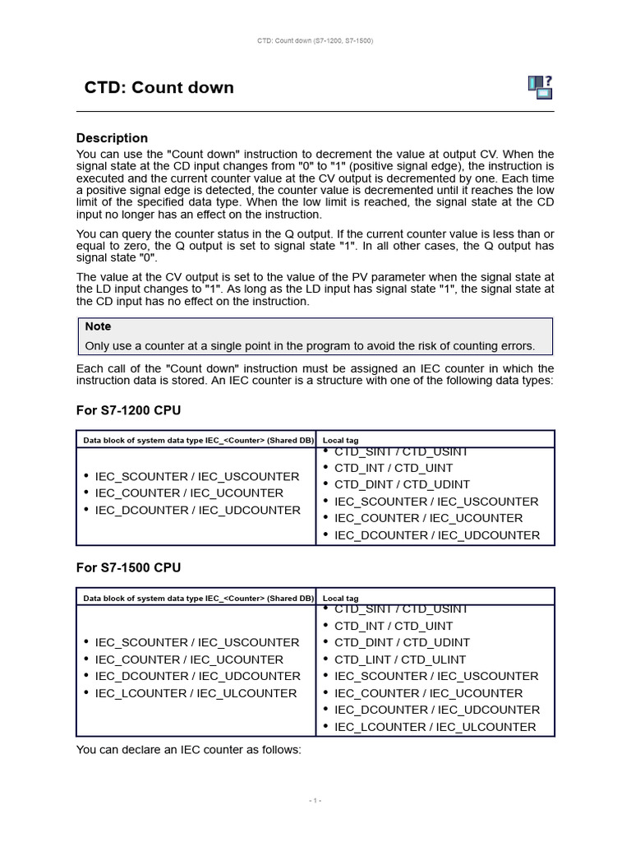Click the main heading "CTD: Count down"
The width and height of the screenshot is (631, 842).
pos(159,88)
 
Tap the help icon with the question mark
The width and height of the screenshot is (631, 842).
pos(540,86)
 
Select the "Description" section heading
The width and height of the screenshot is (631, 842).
pos(112,138)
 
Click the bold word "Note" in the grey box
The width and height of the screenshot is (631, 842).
pos(98,326)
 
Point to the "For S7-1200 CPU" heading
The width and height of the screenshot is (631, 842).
pos(128,409)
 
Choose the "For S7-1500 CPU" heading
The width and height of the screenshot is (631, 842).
pos(128,567)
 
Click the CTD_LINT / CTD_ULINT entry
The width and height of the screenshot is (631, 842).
pos(399,659)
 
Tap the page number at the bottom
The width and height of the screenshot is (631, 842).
pos(315,800)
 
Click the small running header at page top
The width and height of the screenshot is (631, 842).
pos(315,40)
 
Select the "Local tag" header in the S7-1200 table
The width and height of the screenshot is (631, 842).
pos(340,440)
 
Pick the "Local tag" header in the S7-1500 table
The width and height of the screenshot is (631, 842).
pos(340,598)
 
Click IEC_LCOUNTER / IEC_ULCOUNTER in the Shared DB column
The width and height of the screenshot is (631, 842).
pos(196,693)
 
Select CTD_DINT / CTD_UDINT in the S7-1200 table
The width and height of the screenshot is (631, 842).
pos(402,484)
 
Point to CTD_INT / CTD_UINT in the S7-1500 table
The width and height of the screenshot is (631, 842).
pos(394,626)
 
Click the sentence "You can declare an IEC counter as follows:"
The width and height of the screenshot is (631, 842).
pos(189,749)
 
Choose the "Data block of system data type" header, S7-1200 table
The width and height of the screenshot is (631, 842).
pos(198,440)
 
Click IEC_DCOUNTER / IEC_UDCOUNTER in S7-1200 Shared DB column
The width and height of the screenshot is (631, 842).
pos(197,510)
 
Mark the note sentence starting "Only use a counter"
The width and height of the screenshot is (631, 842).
pos(310,346)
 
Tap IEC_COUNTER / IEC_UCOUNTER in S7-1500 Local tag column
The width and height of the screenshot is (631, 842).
pos(428,693)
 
